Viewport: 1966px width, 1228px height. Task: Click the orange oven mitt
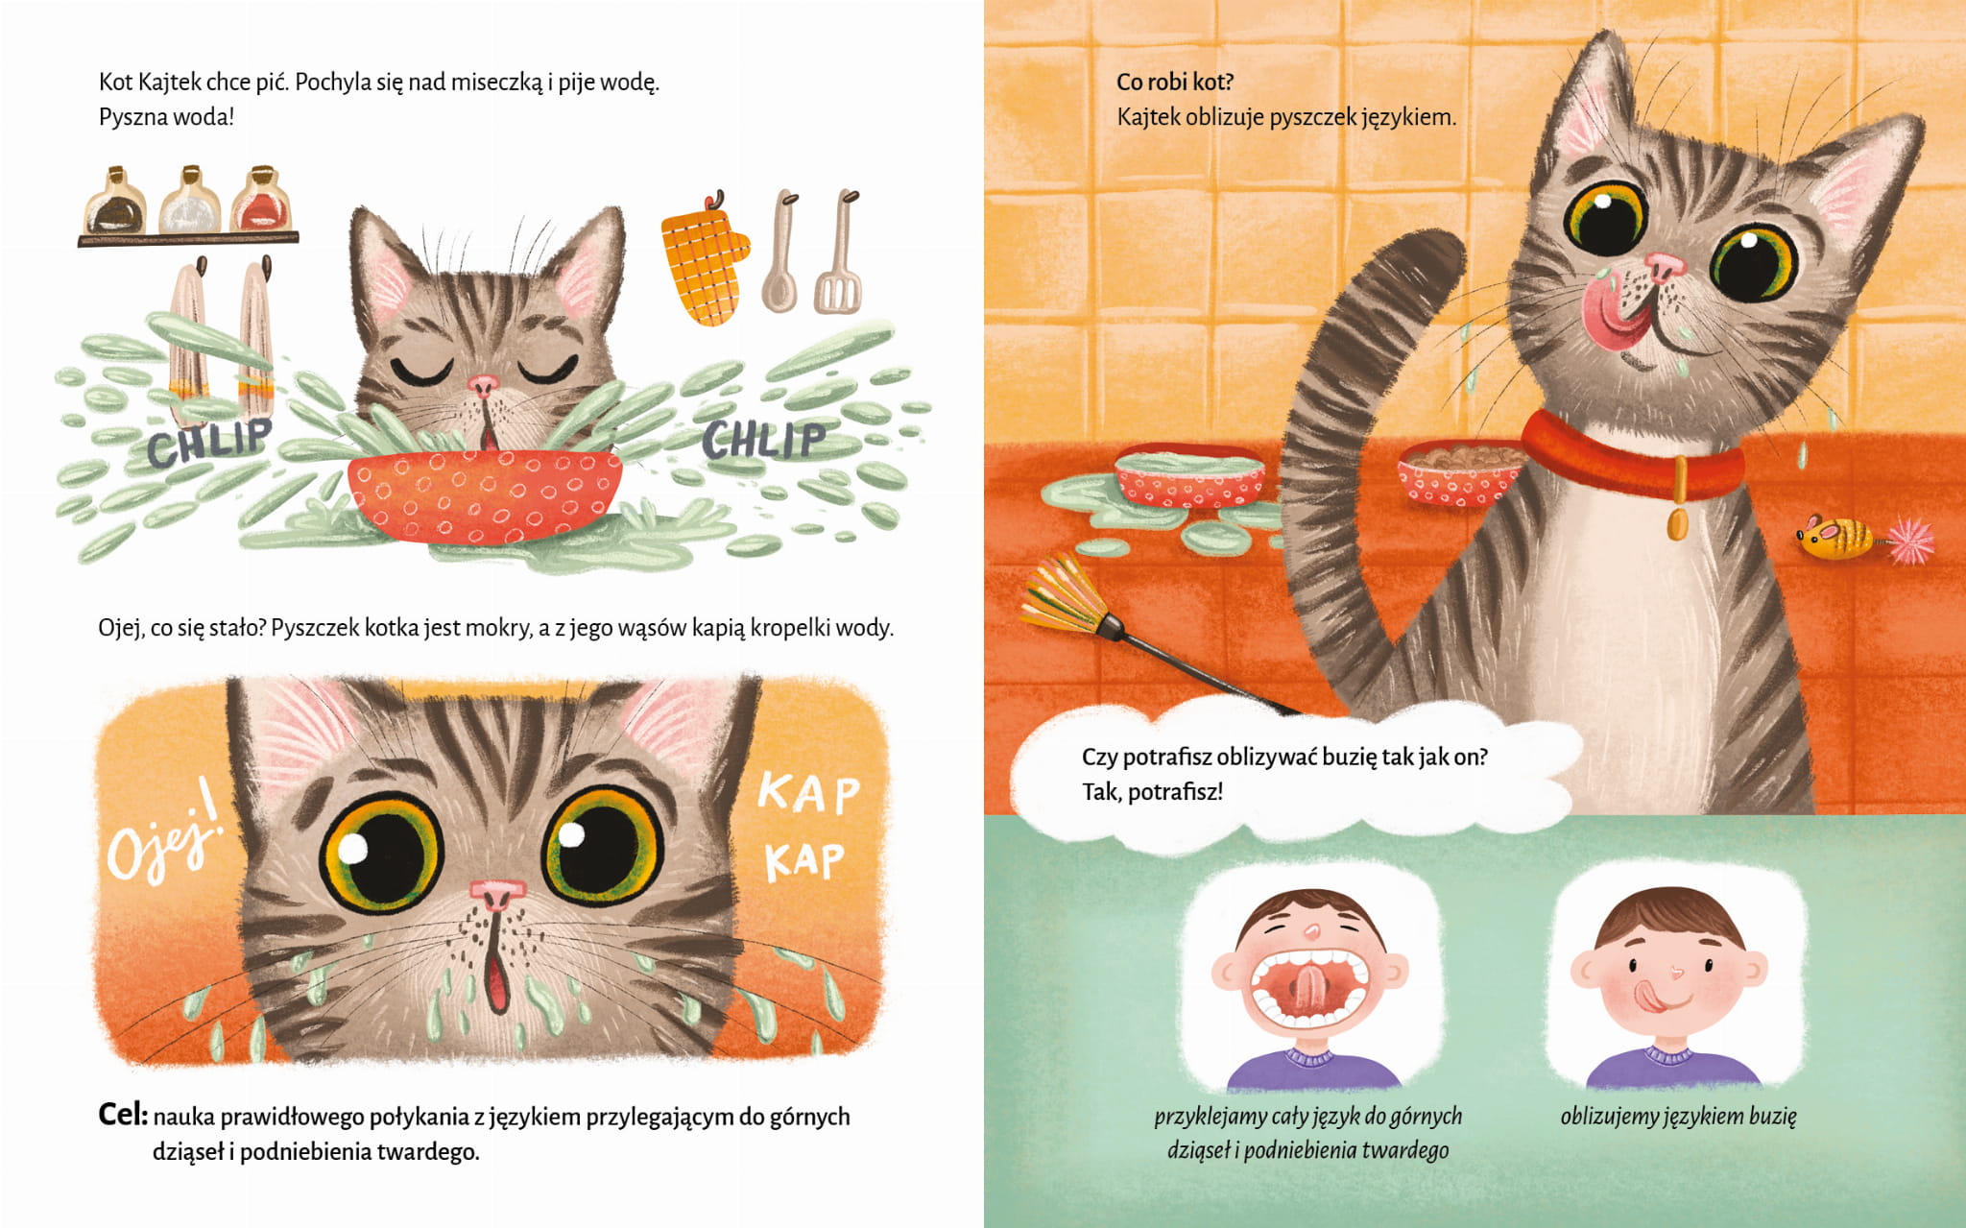(x=704, y=261)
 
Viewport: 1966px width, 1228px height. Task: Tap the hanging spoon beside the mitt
(x=781, y=252)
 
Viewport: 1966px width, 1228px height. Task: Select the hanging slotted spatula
(x=838, y=252)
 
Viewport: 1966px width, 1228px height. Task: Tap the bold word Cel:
(x=123, y=1114)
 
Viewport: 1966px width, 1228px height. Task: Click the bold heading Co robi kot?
(x=1175, y=82)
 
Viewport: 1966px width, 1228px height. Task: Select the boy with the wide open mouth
(x=1307, y=989)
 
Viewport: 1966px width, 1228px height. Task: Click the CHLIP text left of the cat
(x=209, y=441)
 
